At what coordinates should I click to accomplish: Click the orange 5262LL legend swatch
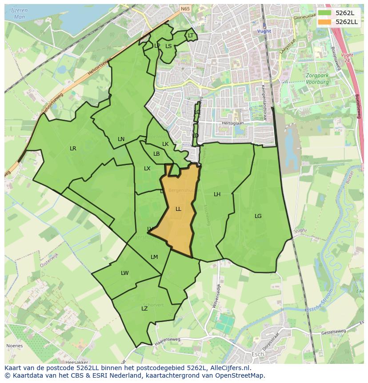tap(324, 22)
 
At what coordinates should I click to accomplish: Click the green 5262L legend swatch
tap(324, 13)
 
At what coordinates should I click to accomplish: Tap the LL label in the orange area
tap(178, 209)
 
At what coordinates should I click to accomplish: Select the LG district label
tap(258, 216)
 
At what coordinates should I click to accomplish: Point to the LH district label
tap(217, 194)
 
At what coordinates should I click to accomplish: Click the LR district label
tap(73, 149)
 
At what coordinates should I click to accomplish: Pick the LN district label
tap(121, 139)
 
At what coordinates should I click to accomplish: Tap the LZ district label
tap(144, 309)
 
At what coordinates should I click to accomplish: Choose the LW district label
tap(124, 273)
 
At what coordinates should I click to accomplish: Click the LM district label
tap(154, 257)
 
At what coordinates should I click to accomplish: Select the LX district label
tap(147, 169)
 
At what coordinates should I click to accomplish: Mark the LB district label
tap(156, 154)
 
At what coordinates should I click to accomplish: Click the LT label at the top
tap(191, 36)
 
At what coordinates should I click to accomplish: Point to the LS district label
tap(168, 46)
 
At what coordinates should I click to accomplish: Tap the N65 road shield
tap(185, 8)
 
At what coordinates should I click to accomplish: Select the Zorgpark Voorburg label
tap(317, 79)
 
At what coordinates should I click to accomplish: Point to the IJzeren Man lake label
tap(19, 13)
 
